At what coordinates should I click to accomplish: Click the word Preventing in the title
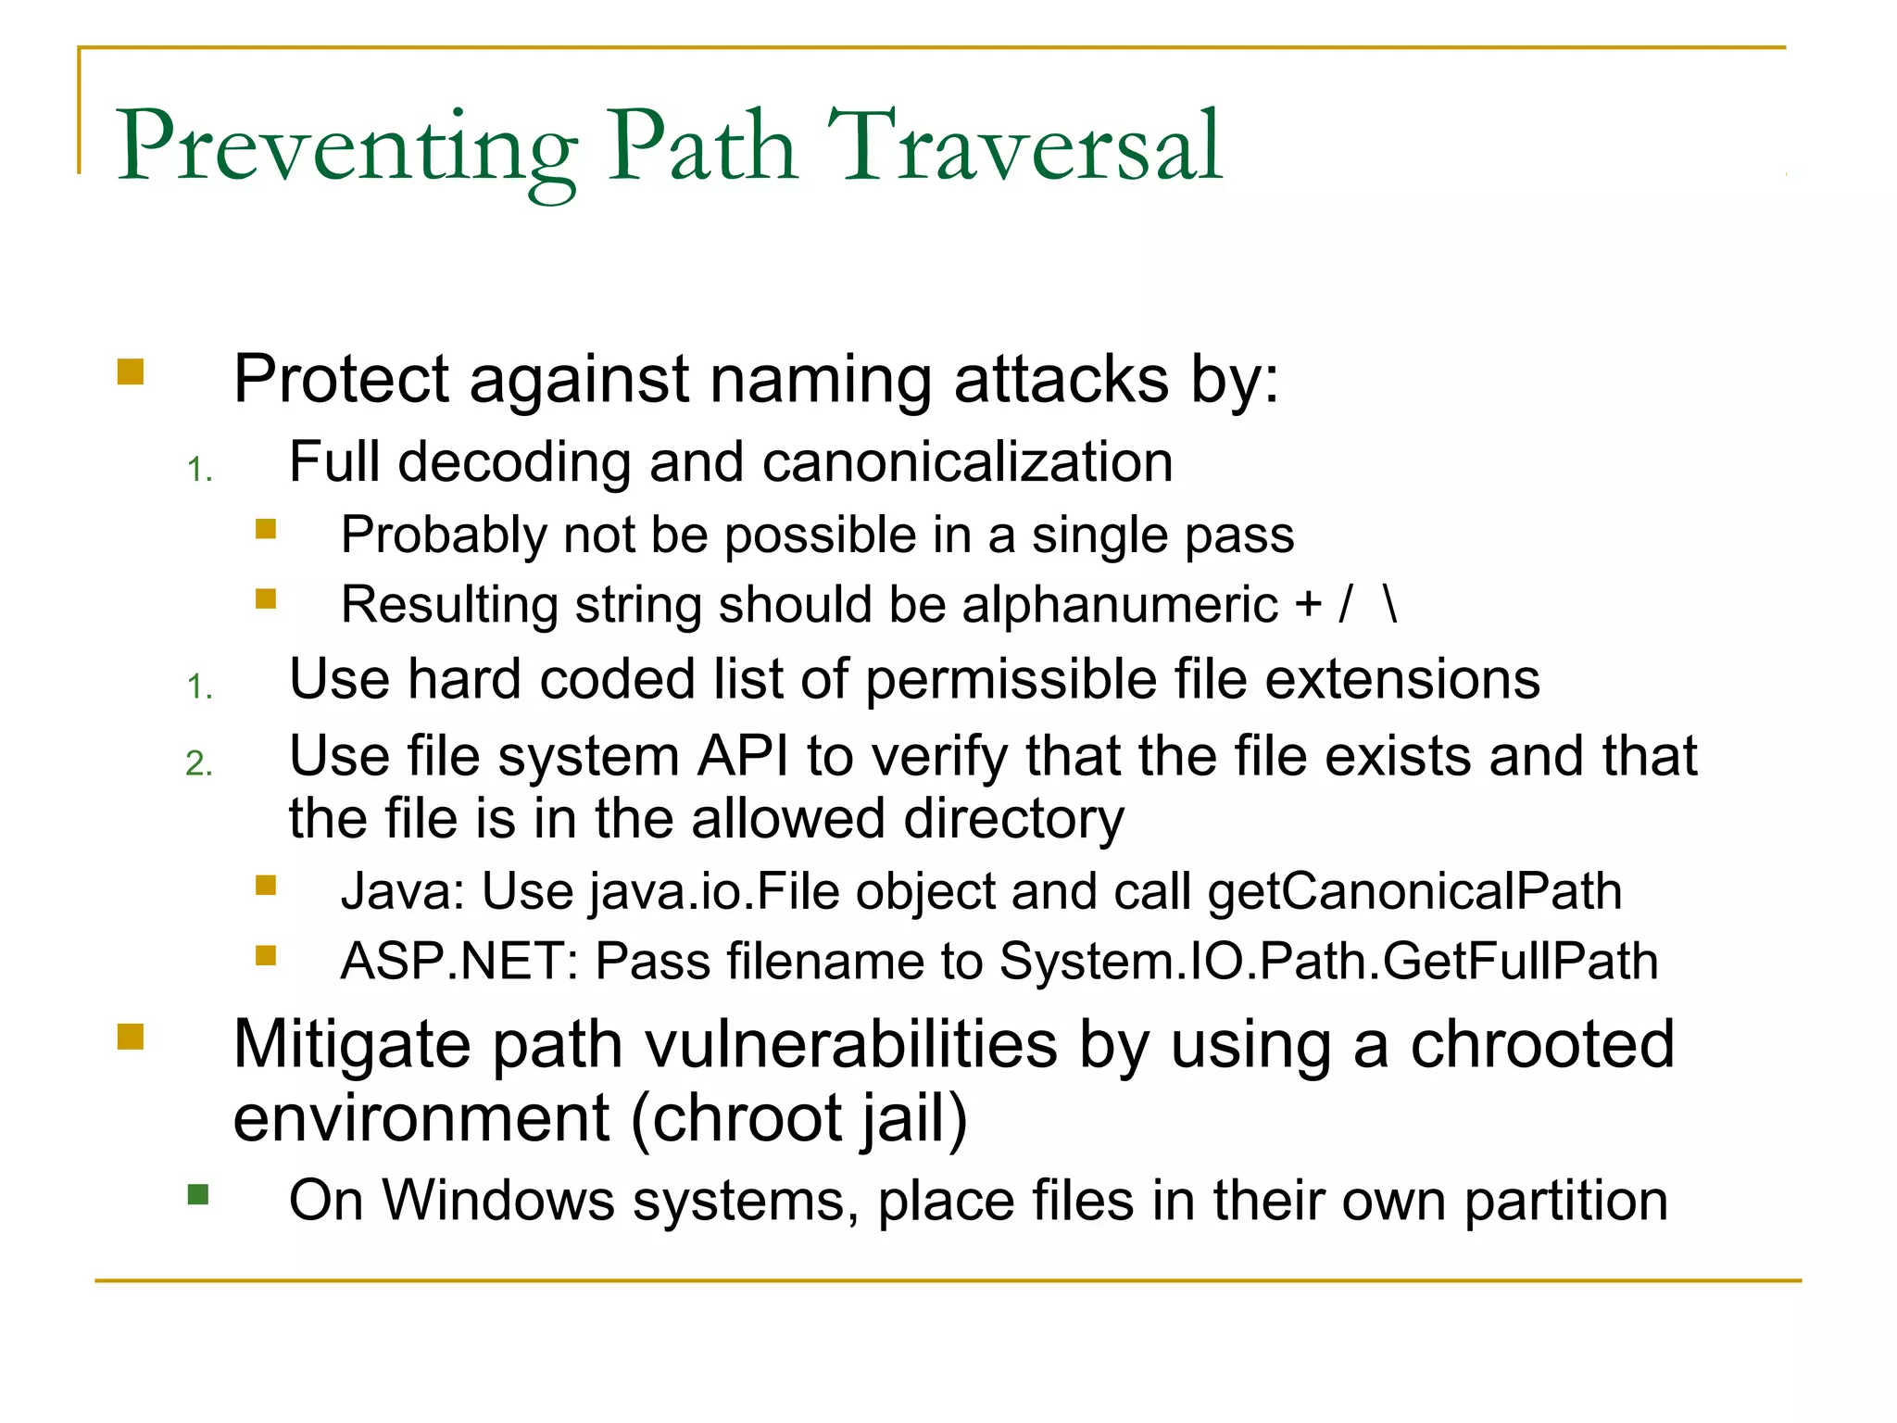click(x=346, y=148)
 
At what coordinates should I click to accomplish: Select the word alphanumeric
click(x=1120, y=605)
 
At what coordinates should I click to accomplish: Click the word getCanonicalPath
click(x=1414, y=892)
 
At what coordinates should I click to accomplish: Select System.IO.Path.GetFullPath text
click(x=1328, y=962)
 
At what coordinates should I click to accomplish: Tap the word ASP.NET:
click(x=459, y=962)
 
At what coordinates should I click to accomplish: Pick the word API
click(x=743, y=757)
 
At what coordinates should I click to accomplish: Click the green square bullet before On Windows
click(x=198, y=1194)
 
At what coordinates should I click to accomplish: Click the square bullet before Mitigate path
click(x=131, y=1037)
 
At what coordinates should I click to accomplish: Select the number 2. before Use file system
click(x=199, y=764)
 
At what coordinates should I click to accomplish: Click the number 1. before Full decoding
click(x=199, y=471)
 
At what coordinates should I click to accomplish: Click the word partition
click(x=1565, y=1202)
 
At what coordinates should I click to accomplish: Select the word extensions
click(x=1401, y=680)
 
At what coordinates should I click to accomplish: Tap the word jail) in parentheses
click(x=912, y=1119)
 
